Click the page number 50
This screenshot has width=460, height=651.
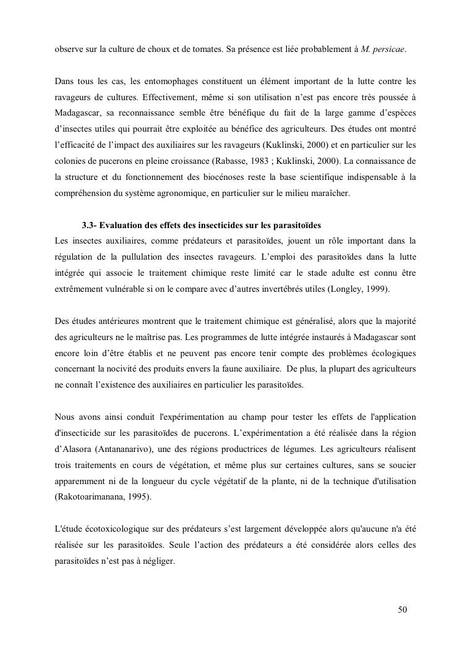tap(402, 610)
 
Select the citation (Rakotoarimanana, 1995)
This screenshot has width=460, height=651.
tap(103, 497)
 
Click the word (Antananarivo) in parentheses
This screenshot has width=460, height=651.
tap(121, 449)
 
